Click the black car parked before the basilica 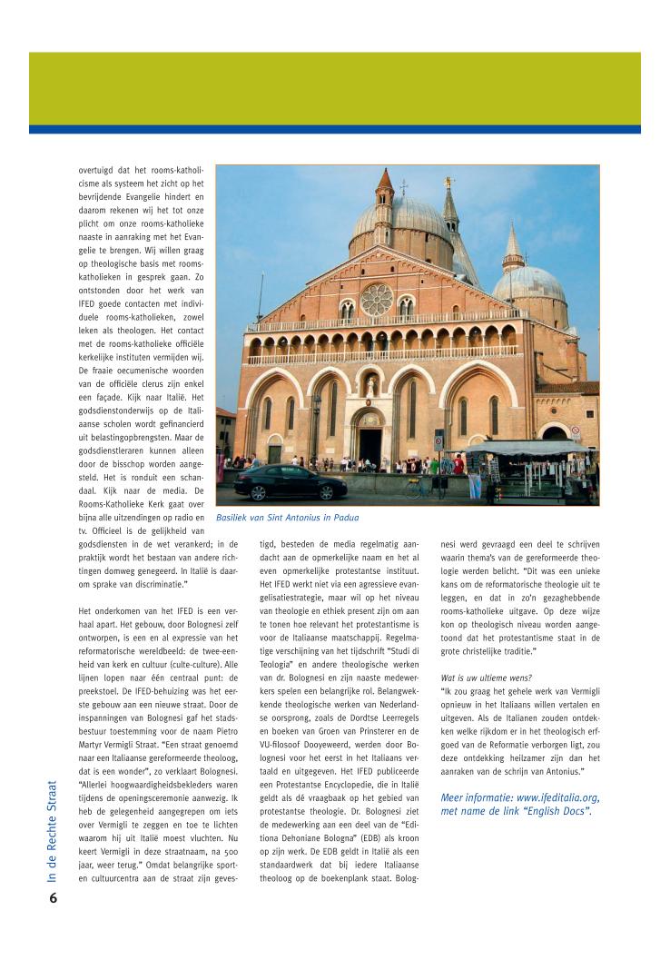click(x=290, y=482)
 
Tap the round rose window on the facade click(x=376, y=299)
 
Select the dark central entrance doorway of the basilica click(x=370, y=446)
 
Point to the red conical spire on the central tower click(x=385, y=180)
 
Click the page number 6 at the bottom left click(x=54, y=898)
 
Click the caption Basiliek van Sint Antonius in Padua click(x=287, y=518)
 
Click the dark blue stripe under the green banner click(x=334, y=129)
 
